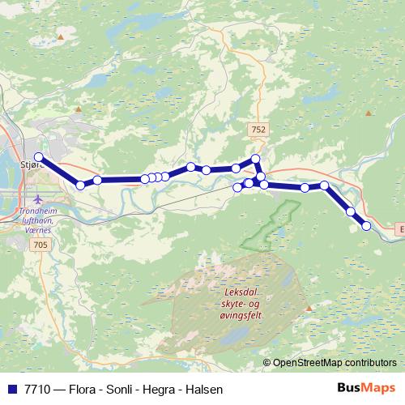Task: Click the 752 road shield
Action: click(258, 129)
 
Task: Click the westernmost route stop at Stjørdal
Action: click(38, 157)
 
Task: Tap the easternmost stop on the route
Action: click(366, 226)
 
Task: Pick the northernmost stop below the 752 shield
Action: click(256, 159)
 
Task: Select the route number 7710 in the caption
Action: click(37, 390)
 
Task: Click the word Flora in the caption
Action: click(83, 390)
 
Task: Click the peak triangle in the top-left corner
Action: click(60, 36)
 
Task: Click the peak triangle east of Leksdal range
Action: click(309, 308)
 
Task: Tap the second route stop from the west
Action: click(80, 185)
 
